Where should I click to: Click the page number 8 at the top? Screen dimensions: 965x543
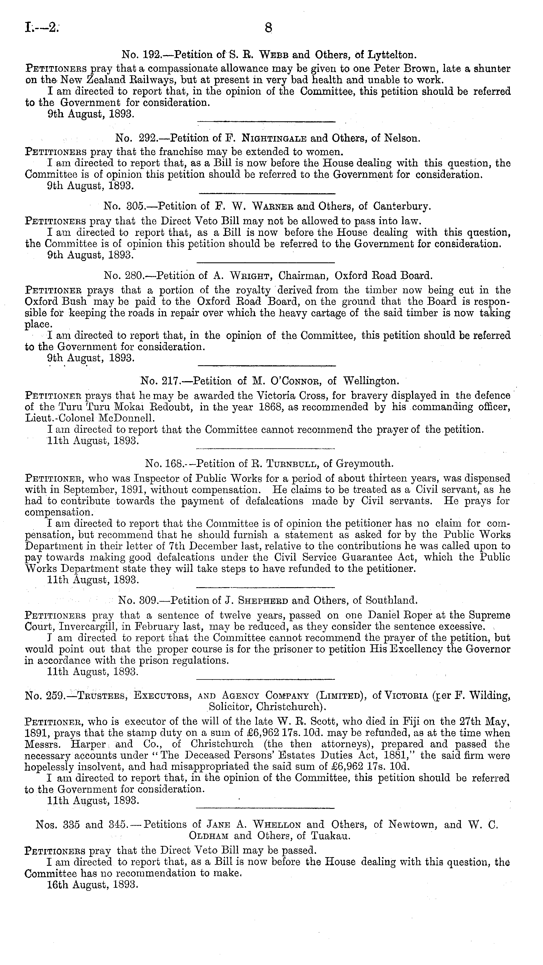coord(268,28)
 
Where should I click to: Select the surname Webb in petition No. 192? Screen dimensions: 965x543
coord(274,55)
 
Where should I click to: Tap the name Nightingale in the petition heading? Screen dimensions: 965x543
coord(274,138)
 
